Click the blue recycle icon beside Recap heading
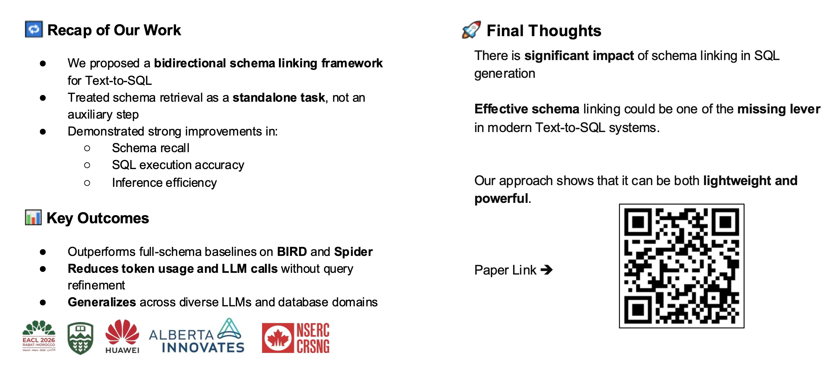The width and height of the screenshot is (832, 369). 34,29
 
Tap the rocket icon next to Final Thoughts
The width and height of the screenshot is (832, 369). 471,30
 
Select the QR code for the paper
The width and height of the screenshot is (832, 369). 682,266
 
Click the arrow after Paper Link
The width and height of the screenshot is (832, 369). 547,270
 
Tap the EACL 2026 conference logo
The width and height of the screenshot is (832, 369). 39,336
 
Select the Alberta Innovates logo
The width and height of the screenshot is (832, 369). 197,336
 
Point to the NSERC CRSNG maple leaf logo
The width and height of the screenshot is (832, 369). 296,338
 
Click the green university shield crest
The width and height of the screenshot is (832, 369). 80,338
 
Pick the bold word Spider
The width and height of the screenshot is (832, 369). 353,252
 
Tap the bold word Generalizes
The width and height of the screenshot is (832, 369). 102,302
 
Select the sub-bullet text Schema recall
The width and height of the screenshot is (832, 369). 150,148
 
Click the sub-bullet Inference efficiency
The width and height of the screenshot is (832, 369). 164,182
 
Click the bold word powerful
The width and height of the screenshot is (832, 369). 501,198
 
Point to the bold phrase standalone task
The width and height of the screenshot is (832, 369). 279,97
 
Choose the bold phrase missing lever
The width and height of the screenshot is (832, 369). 779,109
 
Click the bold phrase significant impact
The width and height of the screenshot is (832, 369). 579,56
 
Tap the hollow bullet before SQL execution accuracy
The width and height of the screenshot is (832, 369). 87,165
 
